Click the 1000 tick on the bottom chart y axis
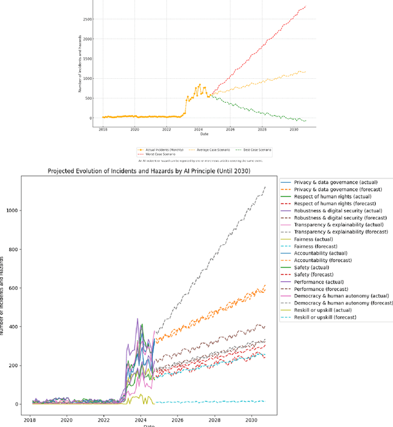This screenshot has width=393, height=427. coord(12,210)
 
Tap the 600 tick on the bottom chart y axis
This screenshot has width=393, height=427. coord(14,288)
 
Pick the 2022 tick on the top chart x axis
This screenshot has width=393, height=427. coord(166,130)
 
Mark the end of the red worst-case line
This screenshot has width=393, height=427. coord(306,6)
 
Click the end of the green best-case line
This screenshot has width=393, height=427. coord(306,121)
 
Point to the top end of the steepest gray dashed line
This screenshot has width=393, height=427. coord(266,186)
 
